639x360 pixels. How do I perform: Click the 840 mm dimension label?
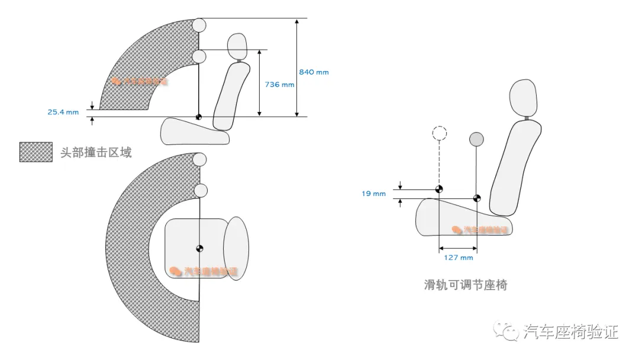[x=314, y=72]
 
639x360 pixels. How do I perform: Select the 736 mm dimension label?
[x=279, y=85]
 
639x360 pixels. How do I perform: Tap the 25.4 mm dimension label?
[x=63, y=111]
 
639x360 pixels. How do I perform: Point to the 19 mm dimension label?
[x=374, y=194]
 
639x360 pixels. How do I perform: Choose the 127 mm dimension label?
[x=459, y=258]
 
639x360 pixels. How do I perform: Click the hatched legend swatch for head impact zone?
[x=35, y=152]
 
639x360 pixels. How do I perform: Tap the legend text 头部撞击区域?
[x=96, y=153]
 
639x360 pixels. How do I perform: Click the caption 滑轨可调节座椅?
[x=466, y=285]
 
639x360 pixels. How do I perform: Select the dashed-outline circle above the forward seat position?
[x=439, y=133]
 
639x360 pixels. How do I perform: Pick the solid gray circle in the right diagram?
[x=476, y=139]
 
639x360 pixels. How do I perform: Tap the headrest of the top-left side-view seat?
[x=237, y=46]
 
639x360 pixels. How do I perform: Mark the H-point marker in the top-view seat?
[x=200, y=247]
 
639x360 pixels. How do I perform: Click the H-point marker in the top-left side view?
[x=199, y=117]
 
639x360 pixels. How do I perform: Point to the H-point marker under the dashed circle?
[x=439, y=189]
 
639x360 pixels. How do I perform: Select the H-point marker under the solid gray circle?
[x=476, y=198]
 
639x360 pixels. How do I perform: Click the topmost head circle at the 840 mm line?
[x=199, y=25]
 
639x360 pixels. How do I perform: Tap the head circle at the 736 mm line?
[x=199, y=56]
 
